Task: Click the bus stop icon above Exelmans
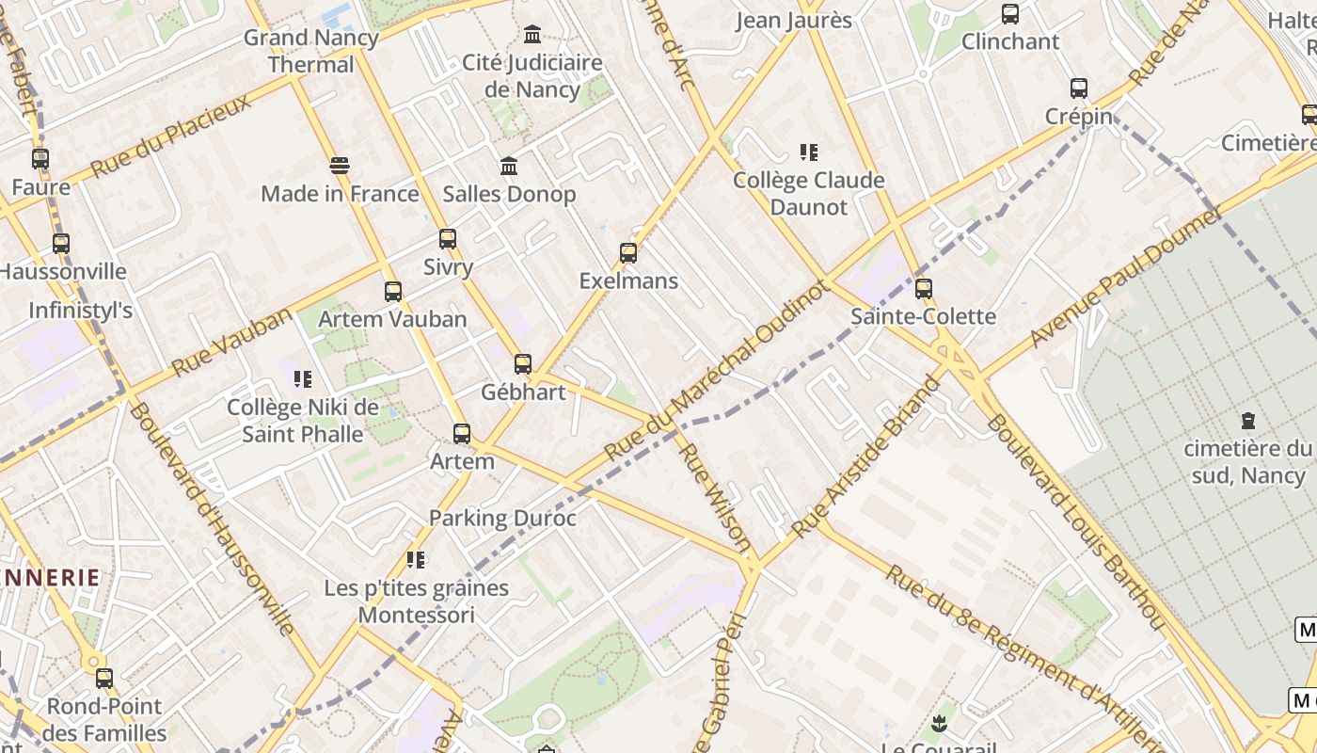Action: [628, 252]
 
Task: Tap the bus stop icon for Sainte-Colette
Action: [924, 288]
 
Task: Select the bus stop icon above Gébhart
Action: [523, 363]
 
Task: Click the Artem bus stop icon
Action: [462, 433]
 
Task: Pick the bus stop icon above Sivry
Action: [448, 239]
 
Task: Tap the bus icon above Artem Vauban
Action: [393, 292]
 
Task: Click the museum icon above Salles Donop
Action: [509, 166]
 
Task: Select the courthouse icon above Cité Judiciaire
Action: [532, 35]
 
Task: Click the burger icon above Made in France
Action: [340, 166]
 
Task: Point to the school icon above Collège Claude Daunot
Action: [809, 152]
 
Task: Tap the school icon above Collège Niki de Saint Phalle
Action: [303, 379]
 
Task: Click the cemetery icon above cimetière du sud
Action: [1247, 420]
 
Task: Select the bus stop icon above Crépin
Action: [1079, 88]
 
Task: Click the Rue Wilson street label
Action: [716, 498]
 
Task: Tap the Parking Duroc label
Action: [502, 518]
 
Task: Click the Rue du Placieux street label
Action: [171, 136]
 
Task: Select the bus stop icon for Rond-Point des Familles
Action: [104, 678]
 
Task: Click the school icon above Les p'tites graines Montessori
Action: [416, 560]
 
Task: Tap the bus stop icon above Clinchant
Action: [1010, 14]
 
